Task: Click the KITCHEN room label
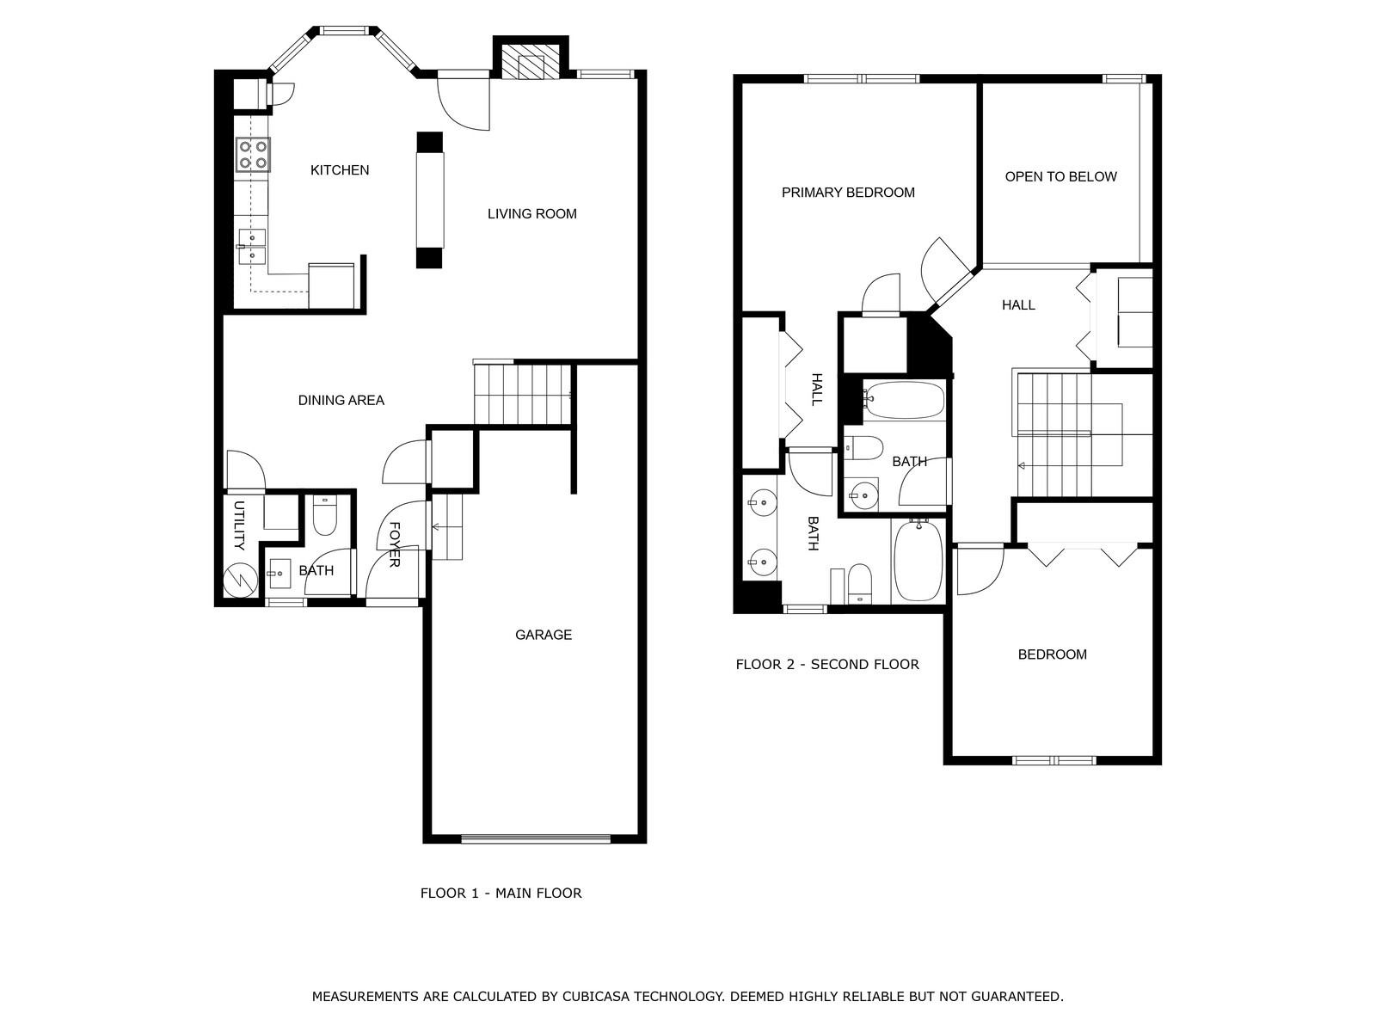tap(340, 169)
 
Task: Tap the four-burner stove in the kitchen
tap(253, 155)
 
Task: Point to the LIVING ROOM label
tap(532, 213)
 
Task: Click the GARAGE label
tap(544, 635)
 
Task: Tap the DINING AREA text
tap(341, 401)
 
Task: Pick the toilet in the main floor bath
tap(324, 515)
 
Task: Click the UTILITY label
tap(239, 525)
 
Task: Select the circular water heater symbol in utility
tap(240, 580)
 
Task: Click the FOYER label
tap(395, 544)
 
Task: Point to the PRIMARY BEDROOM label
tap(848, 193)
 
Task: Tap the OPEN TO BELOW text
tap(1060, 176)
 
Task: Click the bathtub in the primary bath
tap(918, 560)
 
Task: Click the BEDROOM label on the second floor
tap(1053, 654)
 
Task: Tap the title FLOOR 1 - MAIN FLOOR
tap(501, 893)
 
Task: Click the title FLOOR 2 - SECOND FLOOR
tap(827, 664)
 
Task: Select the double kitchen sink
tap(251, 246)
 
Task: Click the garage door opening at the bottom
tap(536, 839)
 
